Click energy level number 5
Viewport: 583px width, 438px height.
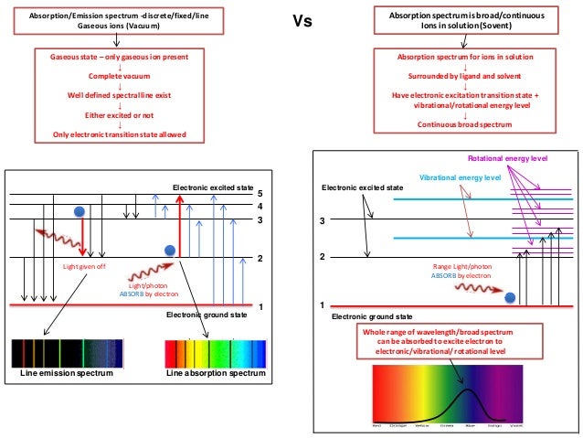(260, 194)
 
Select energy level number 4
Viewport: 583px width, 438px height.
(260, 207)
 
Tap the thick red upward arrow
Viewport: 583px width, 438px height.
(180, 224)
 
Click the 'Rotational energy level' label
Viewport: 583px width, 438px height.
(507, 159)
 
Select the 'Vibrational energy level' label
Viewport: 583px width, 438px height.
(460, 176)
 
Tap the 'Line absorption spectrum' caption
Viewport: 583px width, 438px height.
(216, 374)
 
